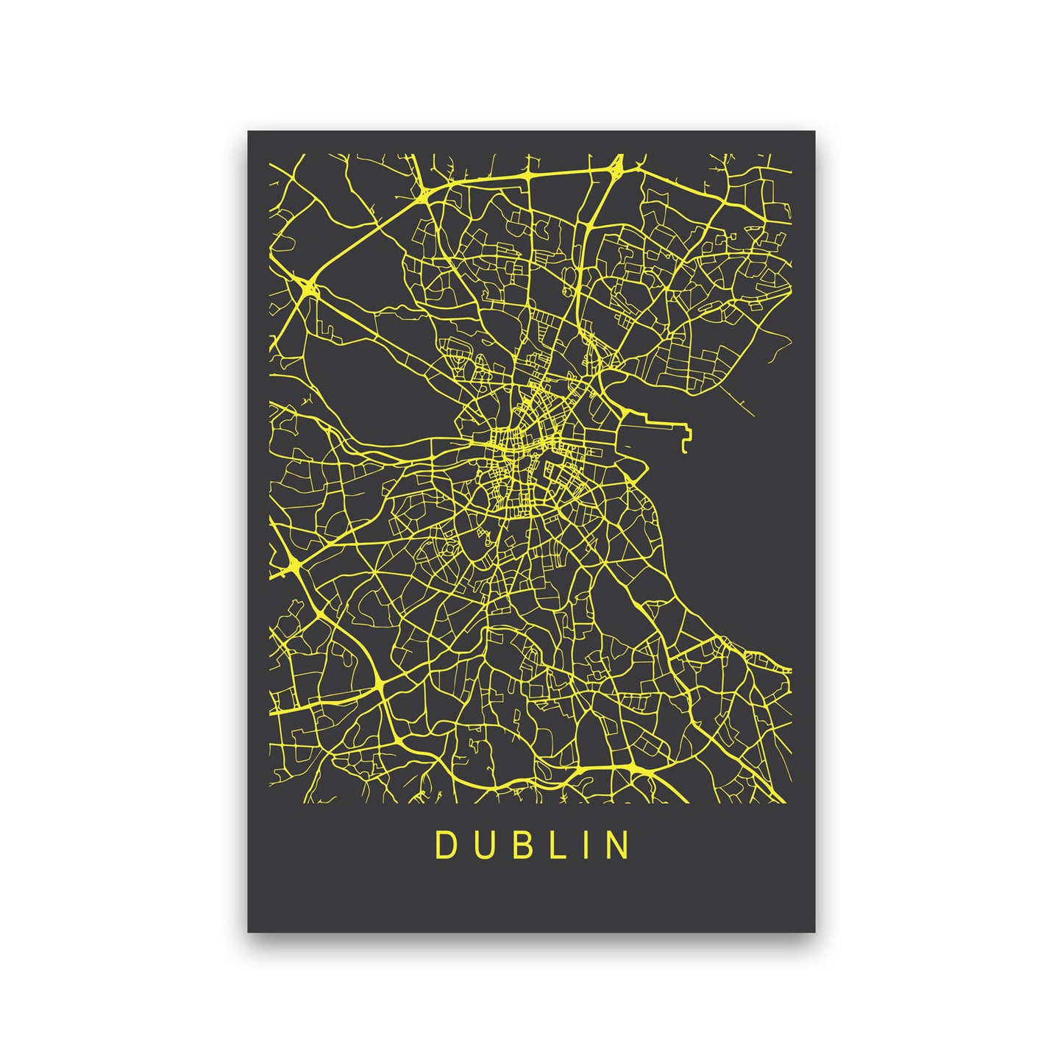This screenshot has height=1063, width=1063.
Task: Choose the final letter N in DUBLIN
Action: (x=619, y=845)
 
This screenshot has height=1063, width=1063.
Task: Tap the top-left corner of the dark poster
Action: (x=248, y=132)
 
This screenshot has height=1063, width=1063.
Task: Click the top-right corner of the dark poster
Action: (x=815, y=132)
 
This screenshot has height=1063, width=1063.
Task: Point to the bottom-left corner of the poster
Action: (x=248, y=932)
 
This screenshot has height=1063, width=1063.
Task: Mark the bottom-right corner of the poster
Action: (x=815, y=932)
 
